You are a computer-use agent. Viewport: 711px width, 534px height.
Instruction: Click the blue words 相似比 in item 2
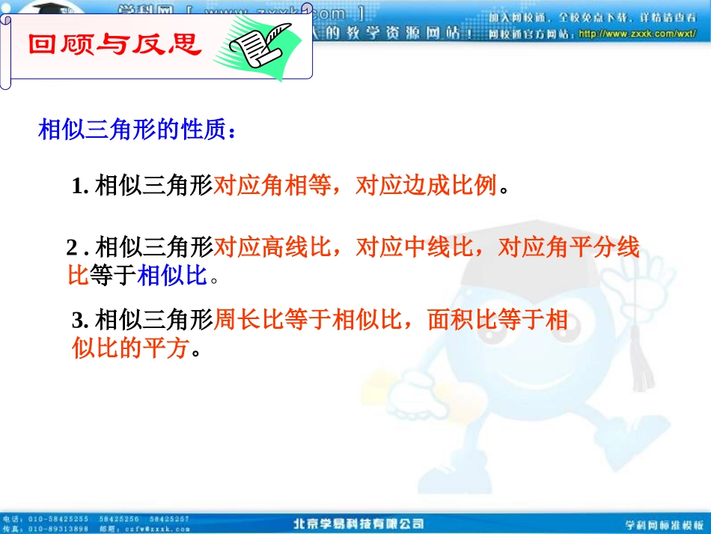172,276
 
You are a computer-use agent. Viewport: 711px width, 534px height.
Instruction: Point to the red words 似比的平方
129,349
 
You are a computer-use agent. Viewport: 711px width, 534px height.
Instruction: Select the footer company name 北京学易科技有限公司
358,524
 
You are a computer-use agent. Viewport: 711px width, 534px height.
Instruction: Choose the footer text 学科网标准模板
664,524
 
